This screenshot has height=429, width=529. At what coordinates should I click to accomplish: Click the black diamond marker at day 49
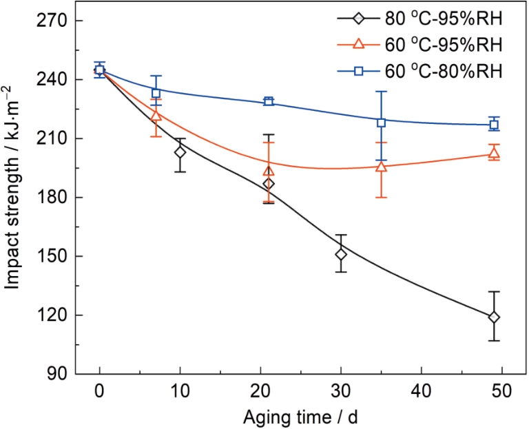coord(494,317)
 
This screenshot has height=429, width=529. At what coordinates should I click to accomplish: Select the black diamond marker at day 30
coord(341,254)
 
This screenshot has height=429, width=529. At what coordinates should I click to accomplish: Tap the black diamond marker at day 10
coord(180,152)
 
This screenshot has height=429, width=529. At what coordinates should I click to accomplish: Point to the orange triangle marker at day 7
coord(156,115)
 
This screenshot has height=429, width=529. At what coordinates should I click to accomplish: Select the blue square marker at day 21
coord(269,101)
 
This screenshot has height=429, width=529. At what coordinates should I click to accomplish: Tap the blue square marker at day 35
coord(381,122)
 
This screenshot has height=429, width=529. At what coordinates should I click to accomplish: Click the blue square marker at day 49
coord(494,125)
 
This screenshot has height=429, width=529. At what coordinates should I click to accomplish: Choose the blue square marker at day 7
coord(156,93)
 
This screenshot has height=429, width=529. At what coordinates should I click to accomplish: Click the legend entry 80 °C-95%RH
coord(421,20)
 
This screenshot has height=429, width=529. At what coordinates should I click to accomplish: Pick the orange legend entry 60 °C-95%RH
coord(421,45)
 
